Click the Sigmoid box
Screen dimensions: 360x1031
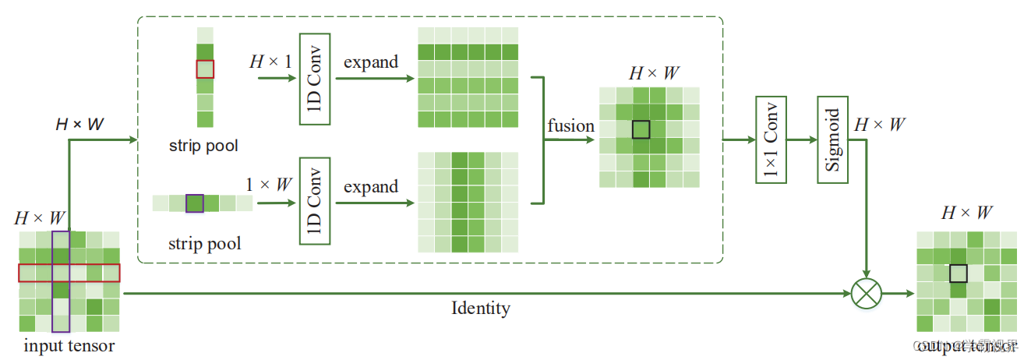tap(832, 140)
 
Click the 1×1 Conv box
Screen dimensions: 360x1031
tap(771, 140)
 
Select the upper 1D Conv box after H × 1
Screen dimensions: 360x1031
tap(315, 79)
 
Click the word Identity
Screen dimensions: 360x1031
tap(481, 308)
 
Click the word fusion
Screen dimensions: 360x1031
tap(570, 126)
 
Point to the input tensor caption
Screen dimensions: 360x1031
tap(69, 345)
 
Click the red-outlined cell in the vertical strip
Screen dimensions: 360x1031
tap(204, 69)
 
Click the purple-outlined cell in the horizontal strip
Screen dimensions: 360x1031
tap(195, 203)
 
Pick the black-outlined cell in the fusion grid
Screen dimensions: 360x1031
tap(641, 129)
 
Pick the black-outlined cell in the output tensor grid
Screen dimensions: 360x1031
tap(958, 273)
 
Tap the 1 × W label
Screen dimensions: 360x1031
tap(269, 185)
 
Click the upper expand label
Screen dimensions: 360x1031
tap(371, 62)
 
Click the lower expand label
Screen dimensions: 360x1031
tap(371, 186)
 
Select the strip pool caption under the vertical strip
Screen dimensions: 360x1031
tap(203, 146)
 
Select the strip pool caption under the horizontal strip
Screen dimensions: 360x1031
tap(204, 243)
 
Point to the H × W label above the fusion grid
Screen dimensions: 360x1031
tap(654, 73)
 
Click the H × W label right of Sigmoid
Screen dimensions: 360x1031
tap(880, 124)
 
